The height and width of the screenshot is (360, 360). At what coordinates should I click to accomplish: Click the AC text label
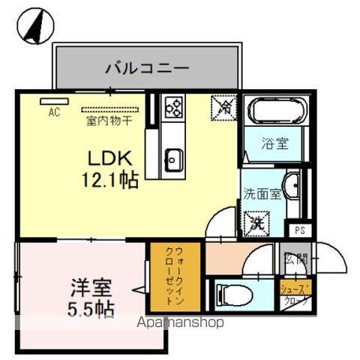click(x=53, y=112)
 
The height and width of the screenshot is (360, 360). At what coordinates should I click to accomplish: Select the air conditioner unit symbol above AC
click(x=52, y=100)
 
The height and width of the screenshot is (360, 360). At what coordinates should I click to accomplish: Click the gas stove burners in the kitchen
click(x=173, y=107)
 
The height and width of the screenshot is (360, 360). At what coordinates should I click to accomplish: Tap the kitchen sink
click(x=173, y=158)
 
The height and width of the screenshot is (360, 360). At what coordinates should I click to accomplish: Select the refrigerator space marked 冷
click(x=223, y=106)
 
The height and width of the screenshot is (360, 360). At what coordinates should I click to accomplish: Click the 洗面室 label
click(x=262, y=193)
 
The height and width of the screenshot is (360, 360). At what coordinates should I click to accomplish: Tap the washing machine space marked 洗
click(x=256, y=222)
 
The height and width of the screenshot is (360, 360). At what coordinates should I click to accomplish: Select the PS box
click(x=299, y=230)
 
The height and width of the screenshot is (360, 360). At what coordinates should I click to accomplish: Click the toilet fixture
click(x=228, y=292)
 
